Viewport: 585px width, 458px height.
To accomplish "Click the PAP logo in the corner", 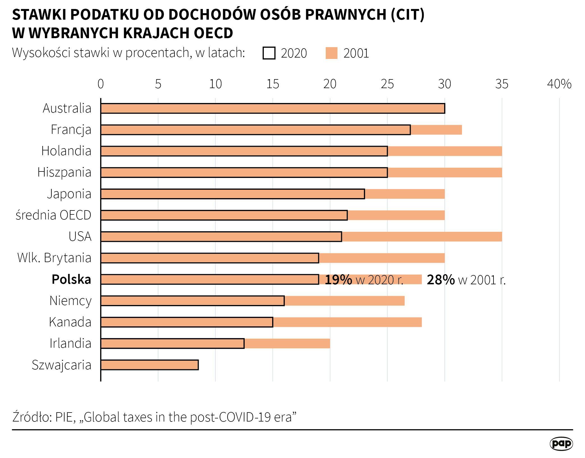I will click(x=561, y=444).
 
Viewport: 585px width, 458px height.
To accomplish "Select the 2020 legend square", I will click(x=269, y=53).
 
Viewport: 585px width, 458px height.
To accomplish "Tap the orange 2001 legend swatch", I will click(x=331, y=53).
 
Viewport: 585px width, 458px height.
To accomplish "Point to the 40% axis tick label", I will click(x=559, y=84).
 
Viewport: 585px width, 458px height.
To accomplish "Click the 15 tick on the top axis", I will click(x=272, y=84).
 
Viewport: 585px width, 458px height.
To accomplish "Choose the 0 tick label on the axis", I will click(x=101, y=84).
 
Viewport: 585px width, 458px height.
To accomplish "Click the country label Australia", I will click(x=67, y=108).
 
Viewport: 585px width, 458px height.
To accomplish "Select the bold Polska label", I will click(x=71, y=280).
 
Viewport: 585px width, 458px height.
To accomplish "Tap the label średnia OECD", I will click(x=53, y=215).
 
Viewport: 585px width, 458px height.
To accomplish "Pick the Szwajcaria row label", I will click(x=61, y=365).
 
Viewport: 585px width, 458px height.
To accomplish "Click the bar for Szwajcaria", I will click(x=150, y=365).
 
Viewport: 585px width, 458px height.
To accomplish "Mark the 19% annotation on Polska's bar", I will click(x=338, y=280).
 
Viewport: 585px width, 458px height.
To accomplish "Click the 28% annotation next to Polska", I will click(x=441, y=280).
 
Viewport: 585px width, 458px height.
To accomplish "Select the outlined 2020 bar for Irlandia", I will click(x=172, y=343).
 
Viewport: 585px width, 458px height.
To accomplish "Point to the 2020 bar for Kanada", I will click(x=187, y=322).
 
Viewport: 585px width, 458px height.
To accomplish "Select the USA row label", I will click(x=80, y=237).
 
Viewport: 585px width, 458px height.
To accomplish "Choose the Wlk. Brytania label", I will click(x=54, y=258).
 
